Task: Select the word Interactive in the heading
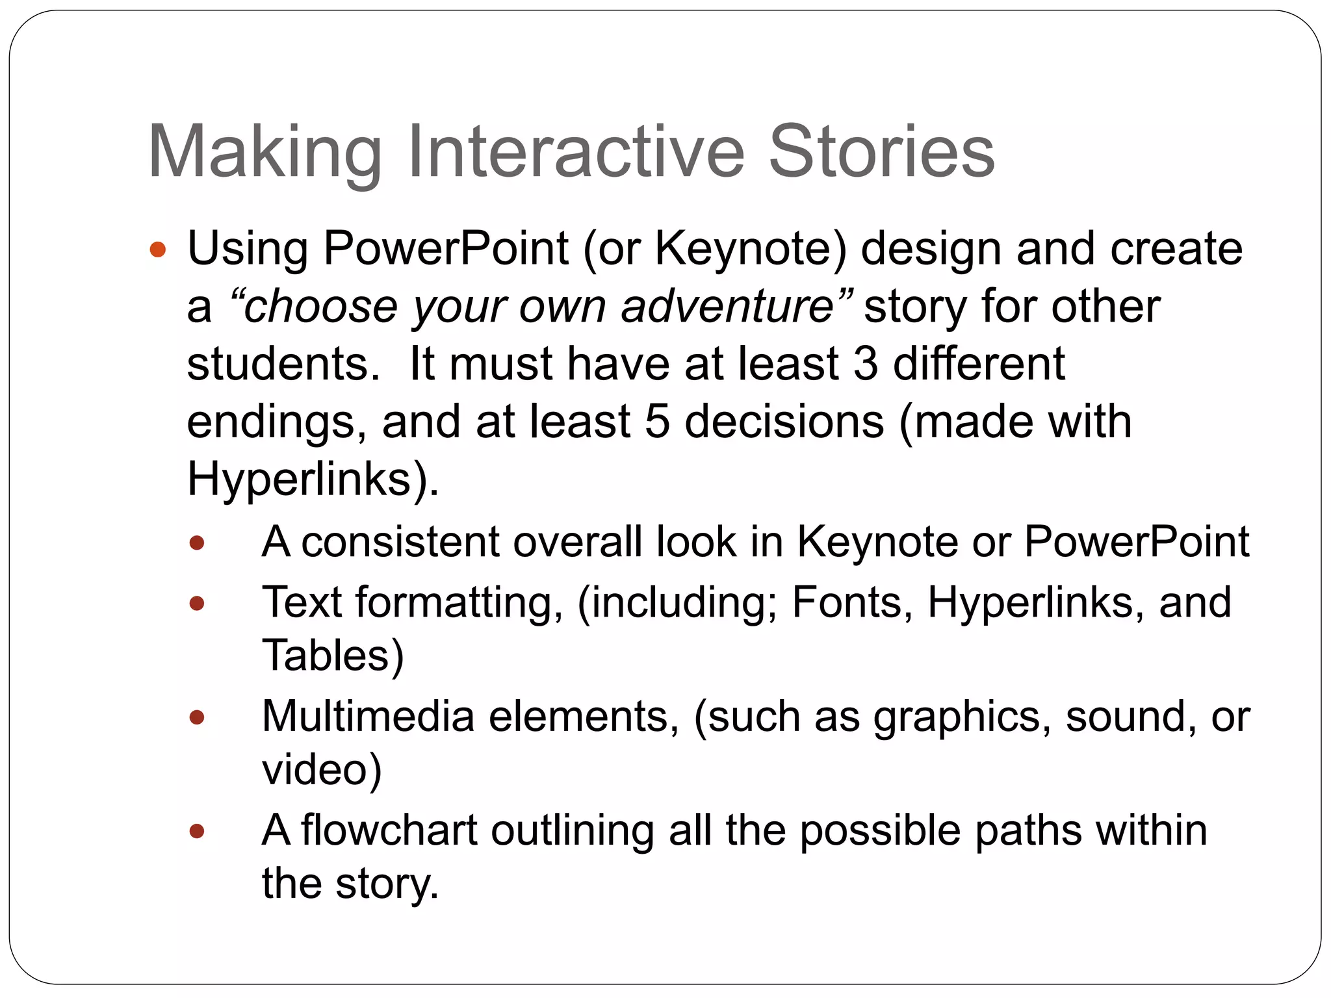[x=575, y=152]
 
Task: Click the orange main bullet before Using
[x=158, y=249]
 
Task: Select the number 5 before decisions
[x=657, y=421]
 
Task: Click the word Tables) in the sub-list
[x=333, y=655]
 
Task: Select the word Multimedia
[x=368, y=716]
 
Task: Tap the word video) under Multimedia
[x=322, y=769]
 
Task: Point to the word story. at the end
[x=387, y=884]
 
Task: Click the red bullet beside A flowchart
[x=197, y=831]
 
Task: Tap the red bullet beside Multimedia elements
[x=197, y=717]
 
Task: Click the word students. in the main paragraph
[x=284, y=363]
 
